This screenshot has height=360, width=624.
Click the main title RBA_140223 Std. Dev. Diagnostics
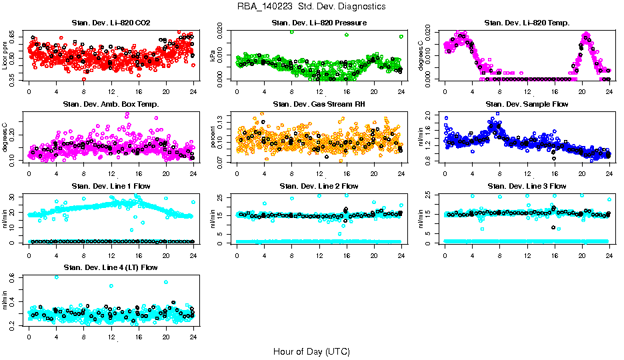tap(311, 7)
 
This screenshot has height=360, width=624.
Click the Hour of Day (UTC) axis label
tap(311, 351)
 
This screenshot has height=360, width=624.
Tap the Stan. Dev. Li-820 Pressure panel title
tap(319, 23)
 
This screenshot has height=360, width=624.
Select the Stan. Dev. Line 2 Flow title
tap(319, 186)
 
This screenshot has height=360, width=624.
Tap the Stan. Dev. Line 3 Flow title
tap(527, 186)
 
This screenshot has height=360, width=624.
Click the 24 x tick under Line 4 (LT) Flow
tap(193, 337)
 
